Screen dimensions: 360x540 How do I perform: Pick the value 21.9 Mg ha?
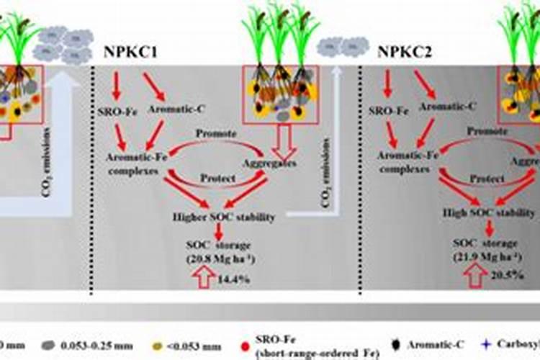click(486, 256)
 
